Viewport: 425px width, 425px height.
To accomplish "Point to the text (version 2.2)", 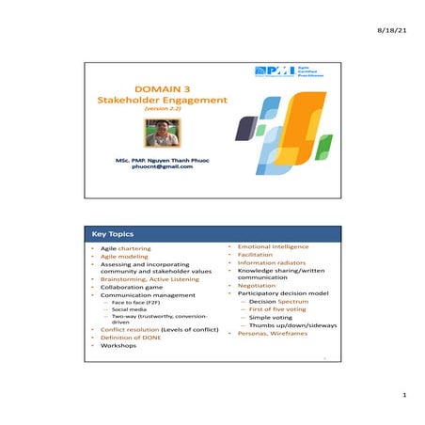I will (x=154, y=109).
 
